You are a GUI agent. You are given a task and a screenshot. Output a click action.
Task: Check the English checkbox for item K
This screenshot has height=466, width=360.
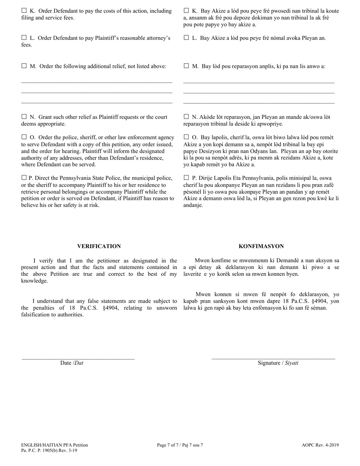pyautogui.click(x=24, y=11)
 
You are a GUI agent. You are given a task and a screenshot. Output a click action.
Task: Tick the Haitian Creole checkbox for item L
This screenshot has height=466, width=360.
pyautogui.click(x=186, y=38)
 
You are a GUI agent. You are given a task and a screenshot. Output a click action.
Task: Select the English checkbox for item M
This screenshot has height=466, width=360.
pyautogui.click(x=24, y=66)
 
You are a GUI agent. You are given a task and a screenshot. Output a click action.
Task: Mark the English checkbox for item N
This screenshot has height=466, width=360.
pyautogui.click(x=24, y=117)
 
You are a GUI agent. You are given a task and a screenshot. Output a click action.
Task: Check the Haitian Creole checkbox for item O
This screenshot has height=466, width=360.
pyautogui.click(x=186, y=137)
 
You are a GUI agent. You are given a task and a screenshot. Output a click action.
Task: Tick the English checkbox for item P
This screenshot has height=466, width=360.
pyautogui.click(x=24, y=177)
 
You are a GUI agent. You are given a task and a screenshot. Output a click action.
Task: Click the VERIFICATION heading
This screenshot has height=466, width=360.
pyautogui.click(x=99, y=246)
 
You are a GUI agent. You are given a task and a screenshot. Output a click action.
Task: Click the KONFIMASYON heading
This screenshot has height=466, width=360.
pyautogui.click(x=261, y=246)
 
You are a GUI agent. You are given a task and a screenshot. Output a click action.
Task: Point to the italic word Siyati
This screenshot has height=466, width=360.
pyautogui.click(x=291, y=363)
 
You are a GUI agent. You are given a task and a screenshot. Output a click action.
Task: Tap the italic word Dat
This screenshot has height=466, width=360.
pyautogui.click(x=79, y=363)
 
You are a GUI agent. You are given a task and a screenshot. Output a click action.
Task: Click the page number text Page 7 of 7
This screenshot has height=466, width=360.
pyautogui.click(x=169, y=445)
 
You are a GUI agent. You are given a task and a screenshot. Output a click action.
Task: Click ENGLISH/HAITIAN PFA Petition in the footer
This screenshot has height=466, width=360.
pyautogui.click(x=55, y=445)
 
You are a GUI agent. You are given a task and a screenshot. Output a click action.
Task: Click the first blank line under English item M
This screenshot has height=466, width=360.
pyautogui.click(x=97, y=81)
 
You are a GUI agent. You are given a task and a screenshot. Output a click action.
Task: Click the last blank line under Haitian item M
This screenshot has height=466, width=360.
pyautogui.click(x=259, y=103)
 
